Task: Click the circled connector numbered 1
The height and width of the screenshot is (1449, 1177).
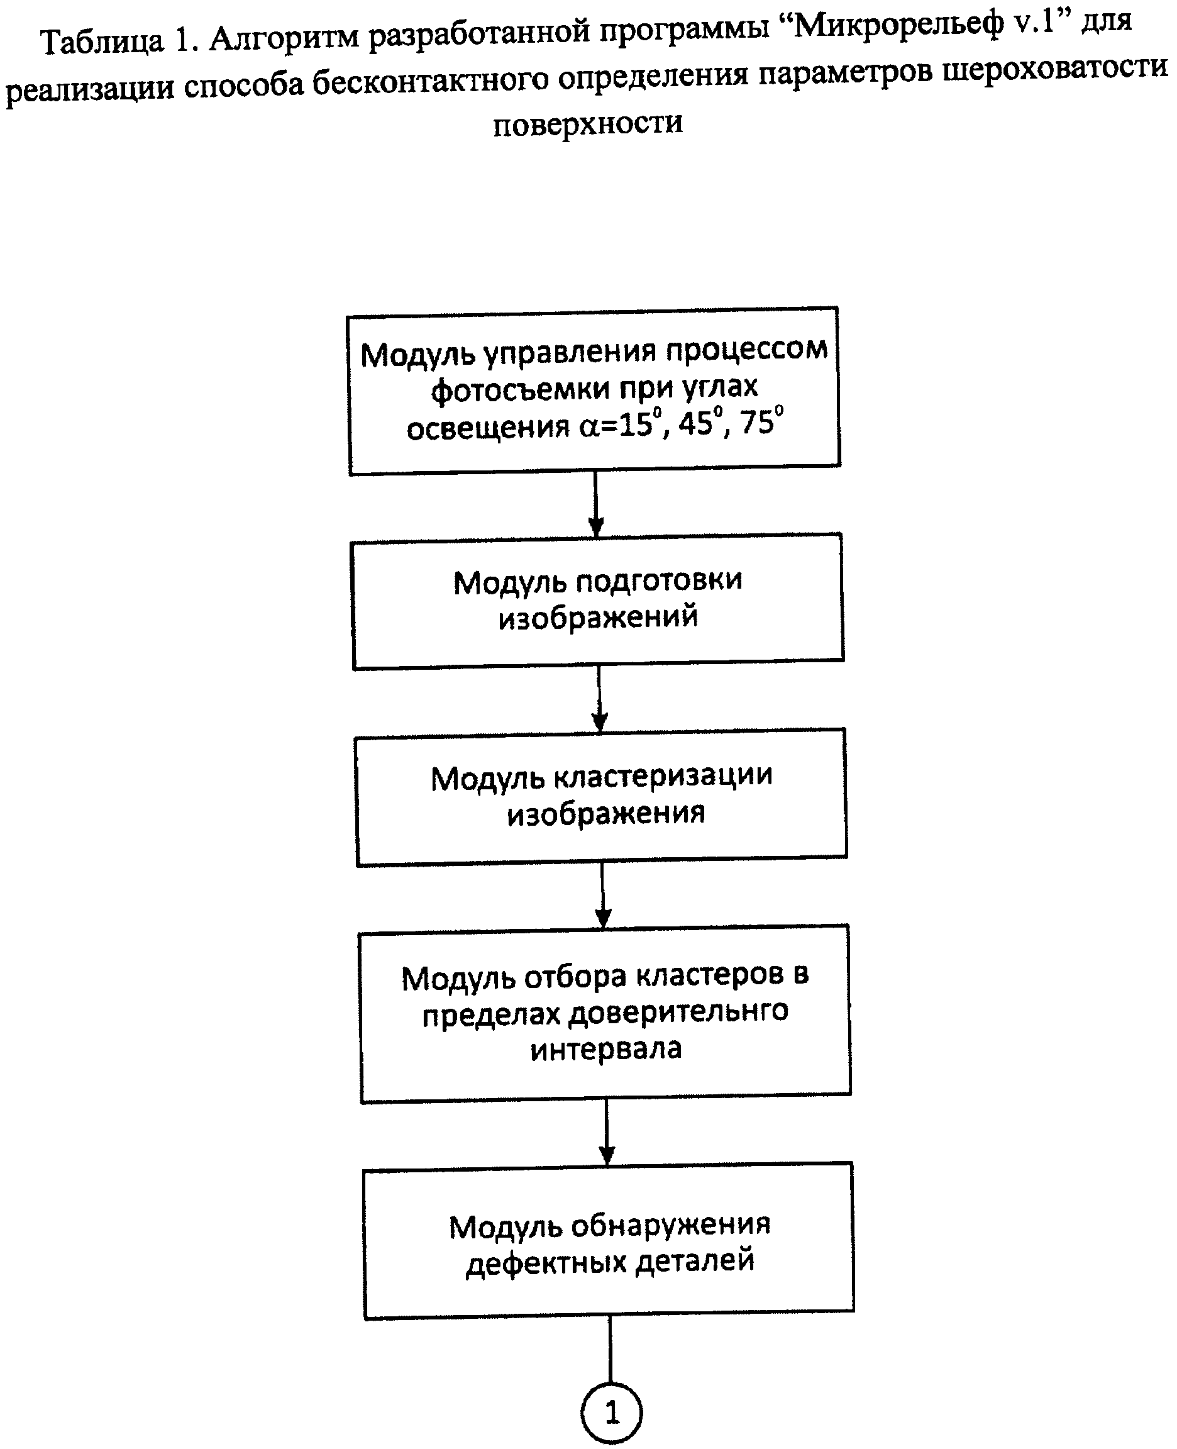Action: (x=611, y=1413)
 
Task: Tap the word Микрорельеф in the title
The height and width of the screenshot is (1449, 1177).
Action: (x=898, y=26)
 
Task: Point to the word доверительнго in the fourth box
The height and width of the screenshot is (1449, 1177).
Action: (x=678, y=1014)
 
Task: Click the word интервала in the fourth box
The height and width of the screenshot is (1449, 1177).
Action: (x=605, y=1050)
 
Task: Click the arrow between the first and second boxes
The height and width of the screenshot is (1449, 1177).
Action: (x=596, y=504)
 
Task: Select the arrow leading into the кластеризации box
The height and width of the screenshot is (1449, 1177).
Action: (x=599, y=698)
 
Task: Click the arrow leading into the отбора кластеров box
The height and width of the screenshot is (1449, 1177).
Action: (x=603, y=894)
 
